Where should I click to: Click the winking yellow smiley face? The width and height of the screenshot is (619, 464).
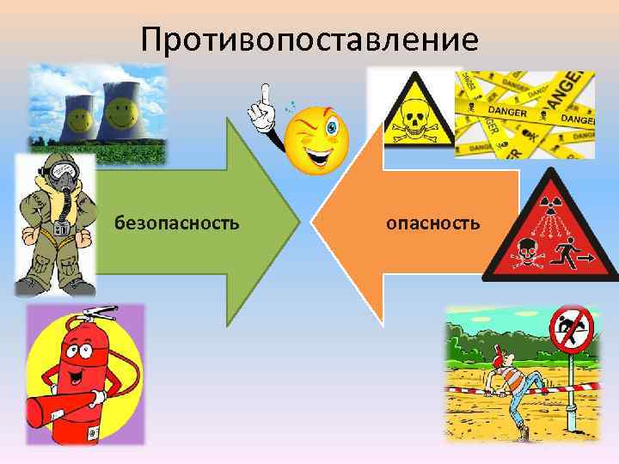(317, 138)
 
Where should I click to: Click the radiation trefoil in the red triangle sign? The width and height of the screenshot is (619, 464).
(549, 205)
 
